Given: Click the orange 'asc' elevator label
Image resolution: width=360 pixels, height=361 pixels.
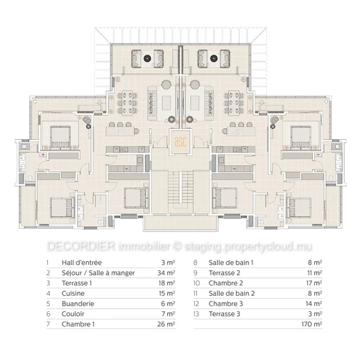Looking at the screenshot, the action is (180, 142).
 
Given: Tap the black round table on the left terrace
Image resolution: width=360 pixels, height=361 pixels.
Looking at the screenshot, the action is (147, 58).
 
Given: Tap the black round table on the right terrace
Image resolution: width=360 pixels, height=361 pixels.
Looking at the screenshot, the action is (214, 58).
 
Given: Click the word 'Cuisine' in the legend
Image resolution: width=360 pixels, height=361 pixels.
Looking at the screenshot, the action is (73, 293).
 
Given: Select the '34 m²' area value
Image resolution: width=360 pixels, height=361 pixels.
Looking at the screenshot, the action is (166, 273).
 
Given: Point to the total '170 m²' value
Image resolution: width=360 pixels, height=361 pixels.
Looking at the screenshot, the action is (311, 324).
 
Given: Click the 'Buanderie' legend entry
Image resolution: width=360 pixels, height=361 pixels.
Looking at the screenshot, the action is (78, 303).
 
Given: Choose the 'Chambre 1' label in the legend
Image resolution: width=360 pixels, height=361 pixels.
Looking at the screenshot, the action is (78, 324).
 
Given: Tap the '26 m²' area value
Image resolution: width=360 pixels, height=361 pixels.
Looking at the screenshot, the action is (166, 324).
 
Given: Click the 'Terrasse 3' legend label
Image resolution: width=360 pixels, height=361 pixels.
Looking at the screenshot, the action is (224, 314).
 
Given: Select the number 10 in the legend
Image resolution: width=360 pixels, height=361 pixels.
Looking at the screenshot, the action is (196, 283).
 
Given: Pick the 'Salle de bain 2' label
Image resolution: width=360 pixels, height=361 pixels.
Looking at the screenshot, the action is (232, 293).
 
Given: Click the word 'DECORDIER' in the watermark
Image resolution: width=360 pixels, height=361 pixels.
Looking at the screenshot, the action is (81, 246).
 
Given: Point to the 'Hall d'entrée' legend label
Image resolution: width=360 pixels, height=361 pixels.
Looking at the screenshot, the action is (82, 263).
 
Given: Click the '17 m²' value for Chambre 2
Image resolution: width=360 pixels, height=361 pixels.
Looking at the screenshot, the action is (314, 283).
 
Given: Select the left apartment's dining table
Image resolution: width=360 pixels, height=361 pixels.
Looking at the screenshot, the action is (127, 103).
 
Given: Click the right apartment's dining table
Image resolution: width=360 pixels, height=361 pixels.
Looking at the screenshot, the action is (234, 103).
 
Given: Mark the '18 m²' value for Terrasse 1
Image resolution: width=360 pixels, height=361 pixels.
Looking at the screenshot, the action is (166, 283).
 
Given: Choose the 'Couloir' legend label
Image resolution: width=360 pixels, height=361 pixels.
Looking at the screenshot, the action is (73, 314).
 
